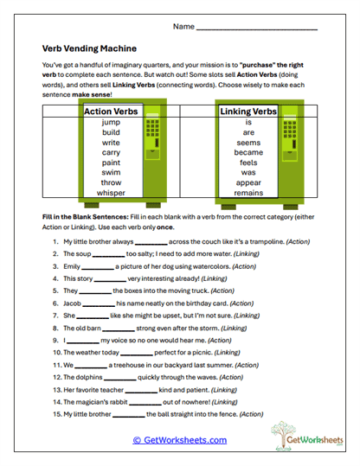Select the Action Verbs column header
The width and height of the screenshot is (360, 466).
point(111,111)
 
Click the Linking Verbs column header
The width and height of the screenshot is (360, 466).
point(247,111)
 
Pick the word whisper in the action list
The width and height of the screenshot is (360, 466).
point(111,193)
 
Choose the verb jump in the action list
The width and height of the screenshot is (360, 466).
point(111,123)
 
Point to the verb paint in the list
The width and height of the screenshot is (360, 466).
point(111,162)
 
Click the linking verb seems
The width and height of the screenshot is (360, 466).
point(247,143)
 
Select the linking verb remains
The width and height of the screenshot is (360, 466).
point(247,193)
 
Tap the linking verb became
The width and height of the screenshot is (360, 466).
point(247,152)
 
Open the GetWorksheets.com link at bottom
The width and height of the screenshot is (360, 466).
point(180,440)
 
